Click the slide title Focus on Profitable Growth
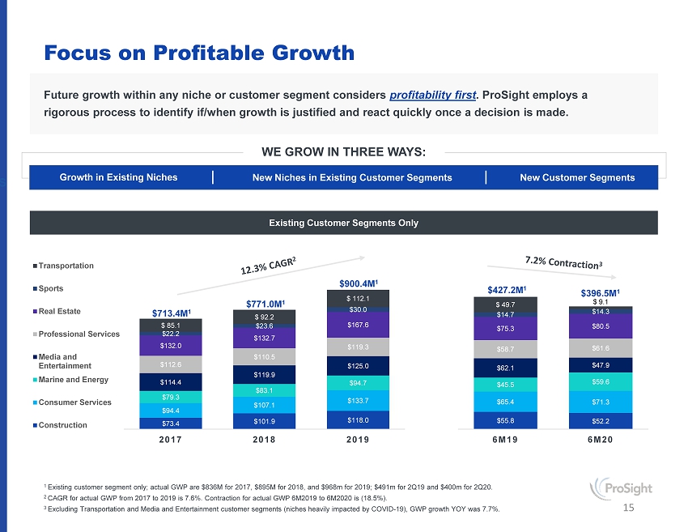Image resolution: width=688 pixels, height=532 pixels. pos(199,53)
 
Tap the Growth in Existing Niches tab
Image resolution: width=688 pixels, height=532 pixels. pos(118,177)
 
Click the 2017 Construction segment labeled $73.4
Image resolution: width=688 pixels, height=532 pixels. pos(171,422)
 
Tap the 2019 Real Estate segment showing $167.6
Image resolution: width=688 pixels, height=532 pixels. pos(357,325)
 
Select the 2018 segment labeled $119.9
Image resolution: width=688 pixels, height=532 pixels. pos(264,374)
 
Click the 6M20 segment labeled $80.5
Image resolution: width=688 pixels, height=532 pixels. pos(601,326)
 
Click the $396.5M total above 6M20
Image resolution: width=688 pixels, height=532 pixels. pos(601,292)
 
